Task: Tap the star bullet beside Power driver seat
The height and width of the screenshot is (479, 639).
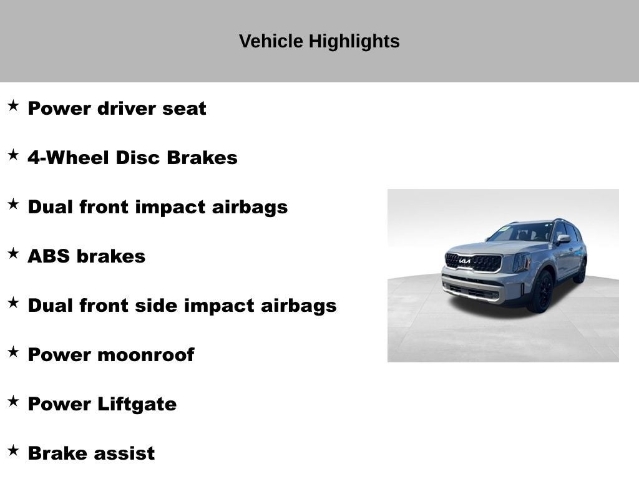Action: tap(13, 106)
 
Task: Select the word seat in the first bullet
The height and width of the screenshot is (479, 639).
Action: tap(184, 109)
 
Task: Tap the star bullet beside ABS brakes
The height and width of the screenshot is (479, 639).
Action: tap(13, 254)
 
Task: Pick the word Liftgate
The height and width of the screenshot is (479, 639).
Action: tap(137, 404)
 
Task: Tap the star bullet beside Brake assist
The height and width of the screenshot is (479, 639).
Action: tap(13, 451)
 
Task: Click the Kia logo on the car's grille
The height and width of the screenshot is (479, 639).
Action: tap(465, 261)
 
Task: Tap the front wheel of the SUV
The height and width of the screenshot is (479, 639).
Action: tap(540, 293)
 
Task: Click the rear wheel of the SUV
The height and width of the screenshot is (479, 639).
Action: tap(580, 272)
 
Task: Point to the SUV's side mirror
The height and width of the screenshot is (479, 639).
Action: tap(563, 239)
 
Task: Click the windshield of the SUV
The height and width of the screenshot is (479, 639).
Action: tap(520, 233)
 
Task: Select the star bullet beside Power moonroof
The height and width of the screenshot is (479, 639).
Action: tap(13, 352)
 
